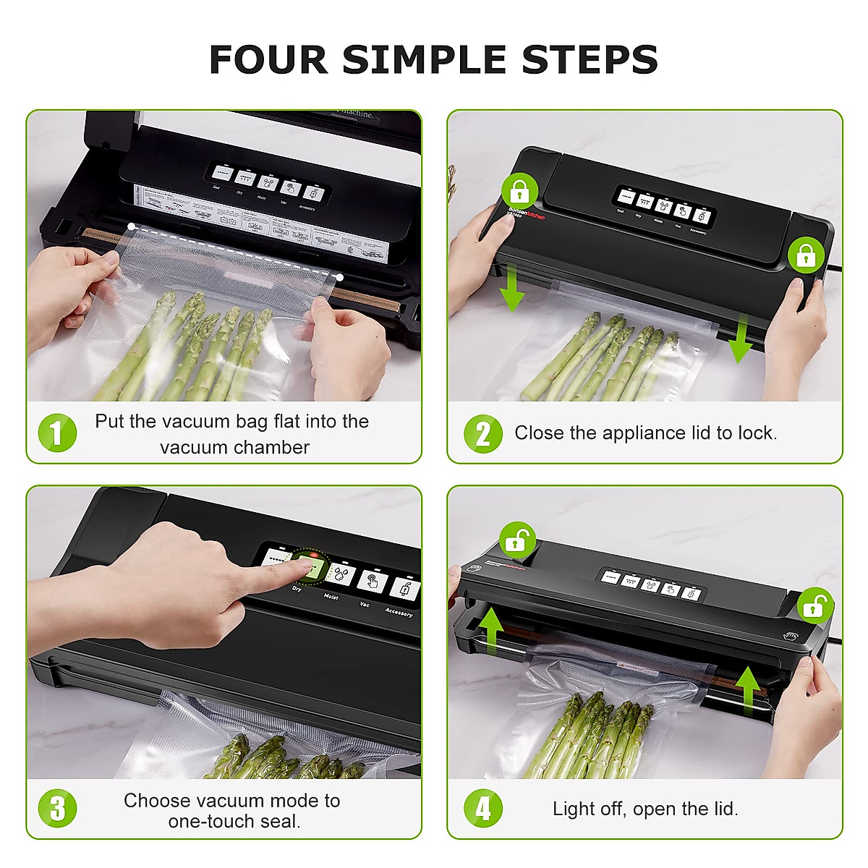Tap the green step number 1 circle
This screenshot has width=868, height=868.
(57, 433)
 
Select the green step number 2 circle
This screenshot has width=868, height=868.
(482, 433)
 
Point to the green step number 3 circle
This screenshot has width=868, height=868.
(57, 808)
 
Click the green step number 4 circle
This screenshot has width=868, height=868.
(482, 808)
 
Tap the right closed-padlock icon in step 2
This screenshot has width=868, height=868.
(806, 255)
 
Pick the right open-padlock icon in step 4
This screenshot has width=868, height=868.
(815, 606)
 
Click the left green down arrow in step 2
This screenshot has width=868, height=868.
(512, 288)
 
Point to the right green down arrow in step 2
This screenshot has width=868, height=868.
(739, 341)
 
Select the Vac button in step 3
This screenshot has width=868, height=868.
(372, 581)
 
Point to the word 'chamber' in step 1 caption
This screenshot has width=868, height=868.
(273, 448)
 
